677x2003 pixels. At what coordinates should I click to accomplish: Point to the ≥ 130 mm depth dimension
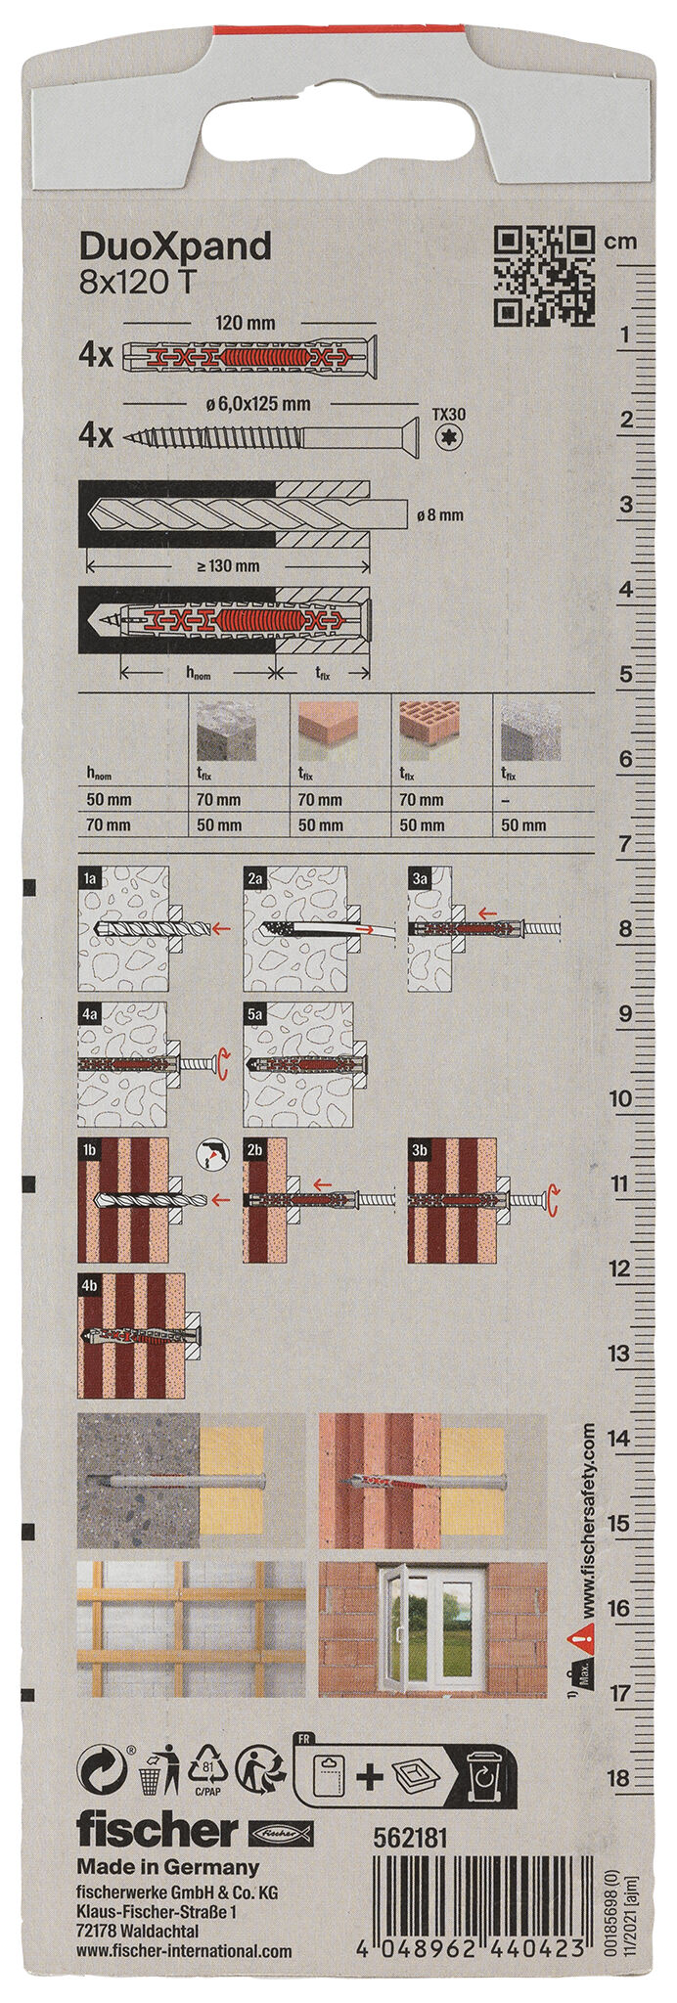pos(227,565)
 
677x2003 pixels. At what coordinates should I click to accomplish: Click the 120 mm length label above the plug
pos(245,323)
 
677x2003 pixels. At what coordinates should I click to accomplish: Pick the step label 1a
pos(90,878)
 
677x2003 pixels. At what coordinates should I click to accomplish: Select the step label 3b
pos(421,1150)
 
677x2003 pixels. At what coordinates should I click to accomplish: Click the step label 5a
pos(256,1014)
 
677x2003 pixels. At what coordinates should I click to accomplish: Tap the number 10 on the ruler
pos(620,1099)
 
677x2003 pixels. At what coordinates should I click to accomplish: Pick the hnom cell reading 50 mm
pos(109,800)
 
